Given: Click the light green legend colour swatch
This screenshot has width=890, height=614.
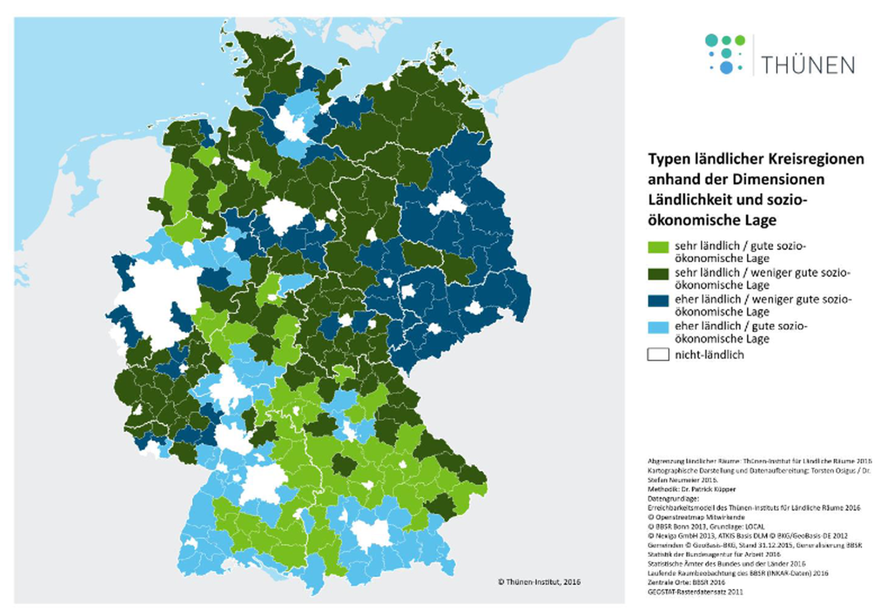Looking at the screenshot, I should click(658, 247).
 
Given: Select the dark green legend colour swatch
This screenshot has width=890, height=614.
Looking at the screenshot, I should click(658, 273).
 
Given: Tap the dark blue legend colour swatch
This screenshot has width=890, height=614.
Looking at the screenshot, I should click(658, 300).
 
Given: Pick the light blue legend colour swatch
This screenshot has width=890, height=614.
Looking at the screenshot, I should click(658, 327).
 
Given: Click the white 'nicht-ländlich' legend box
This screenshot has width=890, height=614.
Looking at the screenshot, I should click(658, 355).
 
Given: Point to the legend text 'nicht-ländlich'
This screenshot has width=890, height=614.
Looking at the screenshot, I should click(709, 355).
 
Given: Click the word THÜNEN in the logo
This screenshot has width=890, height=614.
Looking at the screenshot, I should click(808, 65).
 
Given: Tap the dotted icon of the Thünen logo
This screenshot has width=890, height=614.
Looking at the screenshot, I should click(725, 54).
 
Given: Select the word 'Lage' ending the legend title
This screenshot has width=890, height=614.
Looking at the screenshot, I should click(758, 220).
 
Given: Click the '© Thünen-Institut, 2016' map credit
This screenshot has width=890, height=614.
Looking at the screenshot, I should click(539, 582).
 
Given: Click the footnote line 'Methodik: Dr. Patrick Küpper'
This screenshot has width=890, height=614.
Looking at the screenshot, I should click(691, 489).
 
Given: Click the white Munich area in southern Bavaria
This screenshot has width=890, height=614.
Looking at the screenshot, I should click(371, 533).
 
